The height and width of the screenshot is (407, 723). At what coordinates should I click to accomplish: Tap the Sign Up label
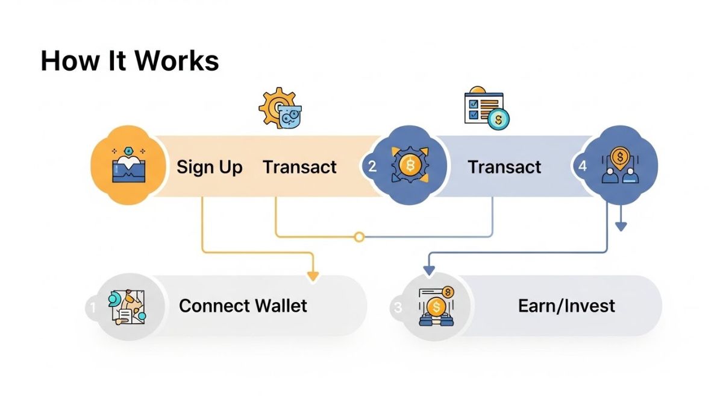[x=209, y=166]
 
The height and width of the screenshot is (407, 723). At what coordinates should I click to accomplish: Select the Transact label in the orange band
[x=299, y=166]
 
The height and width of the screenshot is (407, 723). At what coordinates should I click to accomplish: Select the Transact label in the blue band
[x=504, y=166]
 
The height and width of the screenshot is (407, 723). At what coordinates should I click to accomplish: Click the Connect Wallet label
[x=243, y=305]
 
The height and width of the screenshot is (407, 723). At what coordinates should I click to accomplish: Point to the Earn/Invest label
[x=566, y=305]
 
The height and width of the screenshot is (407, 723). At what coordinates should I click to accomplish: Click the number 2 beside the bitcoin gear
[x=372, y=166]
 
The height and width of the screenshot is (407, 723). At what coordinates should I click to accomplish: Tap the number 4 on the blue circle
[x=582, y=166]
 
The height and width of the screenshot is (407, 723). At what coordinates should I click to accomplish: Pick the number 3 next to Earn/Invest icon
[x=397, y=308]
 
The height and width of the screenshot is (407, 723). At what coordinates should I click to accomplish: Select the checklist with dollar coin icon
[x=487, y=110]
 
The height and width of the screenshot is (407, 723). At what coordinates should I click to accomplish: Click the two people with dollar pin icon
[x=620, y=166]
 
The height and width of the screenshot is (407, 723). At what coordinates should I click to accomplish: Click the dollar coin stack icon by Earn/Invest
[x=437, y=308]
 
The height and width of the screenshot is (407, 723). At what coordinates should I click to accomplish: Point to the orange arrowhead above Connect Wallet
[x=313, y=276]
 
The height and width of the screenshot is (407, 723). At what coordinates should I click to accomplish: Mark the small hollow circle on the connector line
[x=359, y=237]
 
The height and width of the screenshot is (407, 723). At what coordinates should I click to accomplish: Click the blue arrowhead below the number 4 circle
[x=621, y=226]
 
